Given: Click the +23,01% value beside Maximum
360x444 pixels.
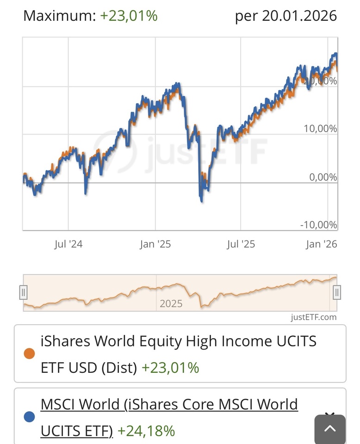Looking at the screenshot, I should pos(129,16).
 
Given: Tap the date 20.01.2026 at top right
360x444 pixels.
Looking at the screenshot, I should pos(299,16).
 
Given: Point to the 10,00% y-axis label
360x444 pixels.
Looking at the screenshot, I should pos(320,129).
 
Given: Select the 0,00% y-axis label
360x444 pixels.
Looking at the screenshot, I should pos(323,177).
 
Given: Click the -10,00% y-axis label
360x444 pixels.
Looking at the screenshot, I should pos(318,225).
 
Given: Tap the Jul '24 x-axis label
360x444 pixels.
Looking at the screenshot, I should pos(68,244).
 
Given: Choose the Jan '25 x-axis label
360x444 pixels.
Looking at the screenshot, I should pos(155,244).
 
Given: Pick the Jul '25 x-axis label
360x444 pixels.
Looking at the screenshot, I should pos(241,244).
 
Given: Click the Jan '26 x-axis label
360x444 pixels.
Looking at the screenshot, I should pos(321,244).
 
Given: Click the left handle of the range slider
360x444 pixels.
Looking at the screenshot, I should pos(24,292).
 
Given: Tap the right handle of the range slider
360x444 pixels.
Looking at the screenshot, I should pos(337,292).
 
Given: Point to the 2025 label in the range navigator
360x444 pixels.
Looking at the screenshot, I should pos(171,304).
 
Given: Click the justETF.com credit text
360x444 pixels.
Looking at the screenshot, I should pos(313,317).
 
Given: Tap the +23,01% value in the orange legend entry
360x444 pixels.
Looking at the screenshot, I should pos(170,368).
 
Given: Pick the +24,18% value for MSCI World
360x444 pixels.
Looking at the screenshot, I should pos(146,431).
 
